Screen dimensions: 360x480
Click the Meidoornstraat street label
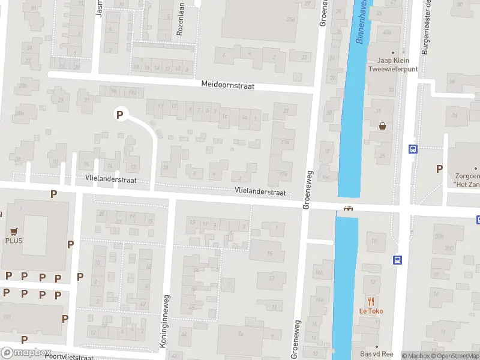(x=228, y=86)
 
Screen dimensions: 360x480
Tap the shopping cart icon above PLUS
(x=14, y=230)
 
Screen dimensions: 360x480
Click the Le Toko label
(x=371, y=311)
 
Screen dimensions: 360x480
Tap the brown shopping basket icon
(x=383, y=126)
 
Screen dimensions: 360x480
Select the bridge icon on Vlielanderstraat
(x=347, y=209)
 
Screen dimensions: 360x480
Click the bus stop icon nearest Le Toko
(x=397, y=260)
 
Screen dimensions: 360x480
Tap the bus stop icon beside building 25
(x=413, y=149)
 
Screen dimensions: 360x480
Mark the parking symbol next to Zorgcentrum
(x=440, y=169)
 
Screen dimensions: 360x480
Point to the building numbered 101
(x=7, y=316)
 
